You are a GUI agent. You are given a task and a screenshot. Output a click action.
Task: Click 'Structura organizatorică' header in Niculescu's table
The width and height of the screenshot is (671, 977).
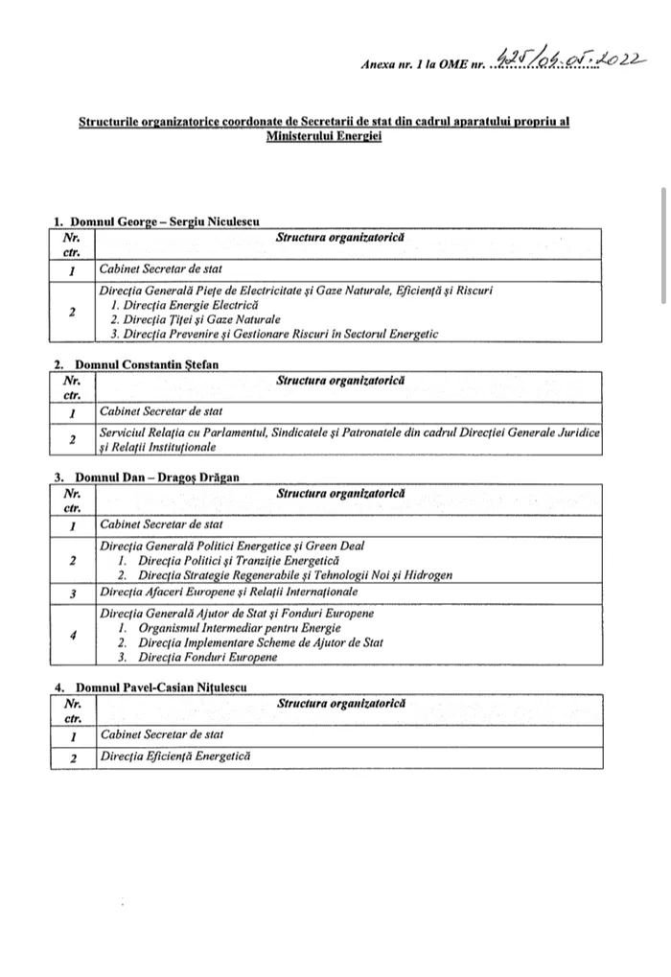[x=340, y=237]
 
